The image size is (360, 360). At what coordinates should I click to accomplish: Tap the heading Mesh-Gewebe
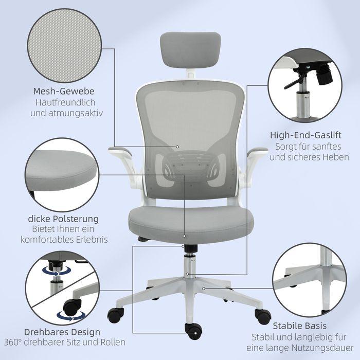64,92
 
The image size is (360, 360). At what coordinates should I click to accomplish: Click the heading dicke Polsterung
63,219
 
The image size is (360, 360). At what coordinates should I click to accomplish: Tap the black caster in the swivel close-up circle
71,308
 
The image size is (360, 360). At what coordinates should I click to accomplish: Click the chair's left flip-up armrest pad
117,151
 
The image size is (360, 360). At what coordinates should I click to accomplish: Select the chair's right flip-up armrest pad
257,150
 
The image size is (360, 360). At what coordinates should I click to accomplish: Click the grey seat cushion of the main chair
191,219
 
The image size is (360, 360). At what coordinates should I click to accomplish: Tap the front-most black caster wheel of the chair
194,332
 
